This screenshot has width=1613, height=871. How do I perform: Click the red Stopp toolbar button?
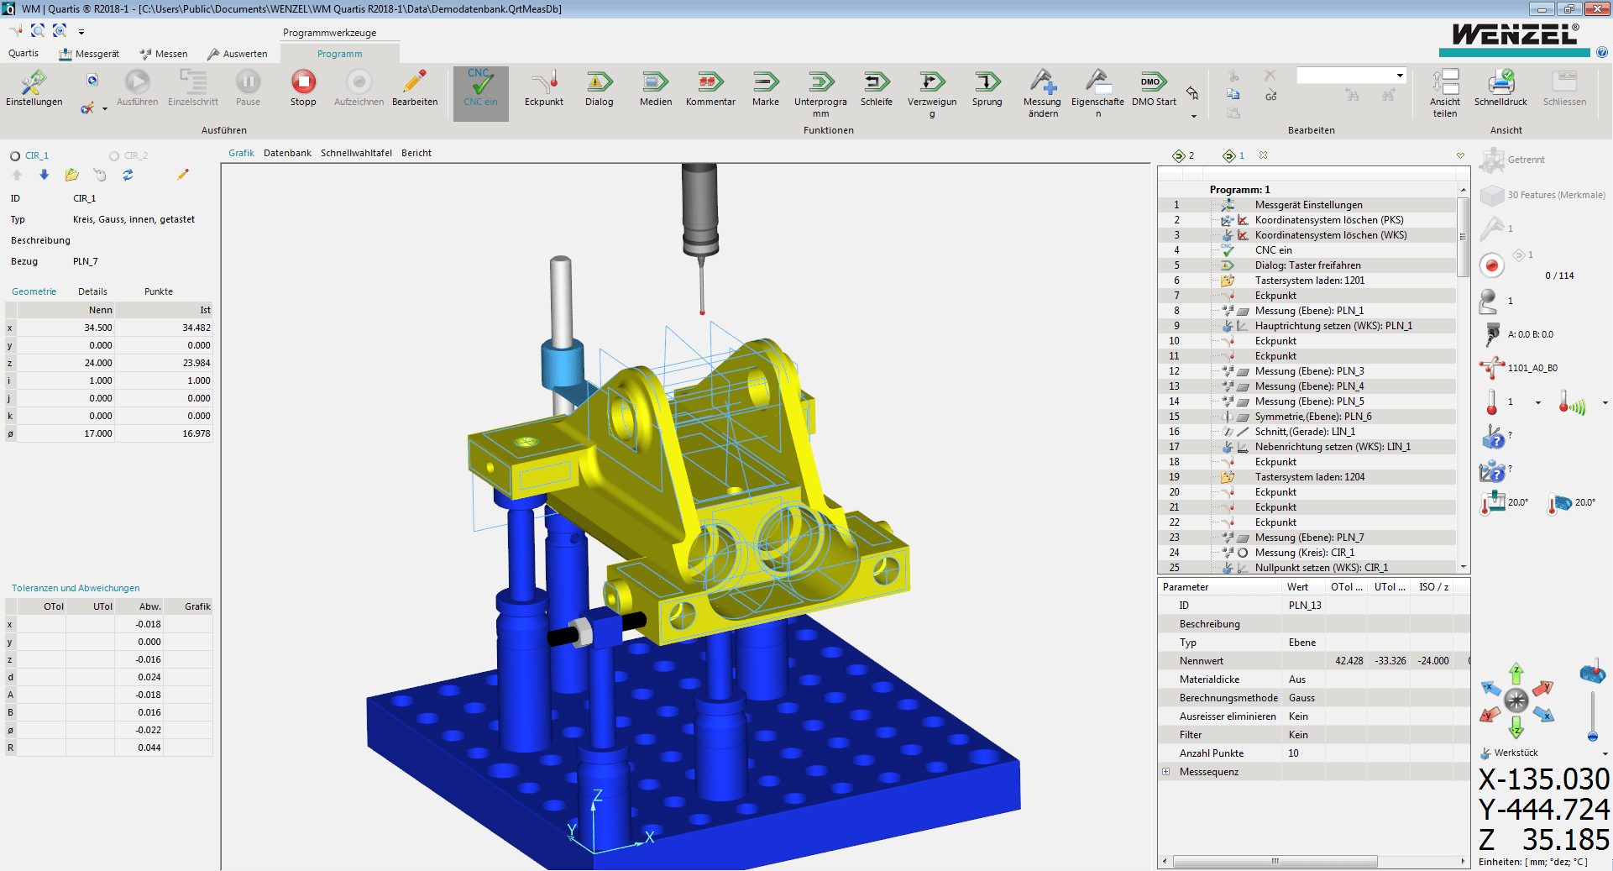pyautogui.click(x=303, y=87)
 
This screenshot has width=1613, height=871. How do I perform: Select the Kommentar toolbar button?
pyautogui.click(x=710, y=87)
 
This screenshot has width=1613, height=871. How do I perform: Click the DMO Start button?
pyautogui.click(x=1154, y=87)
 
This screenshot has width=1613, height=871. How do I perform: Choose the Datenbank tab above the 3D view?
pyautogui.click(x=287, y=153)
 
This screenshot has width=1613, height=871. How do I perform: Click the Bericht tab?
pyautogui.click(x=416, y=153)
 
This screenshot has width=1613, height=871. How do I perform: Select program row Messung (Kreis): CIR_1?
pyautogui.click(x=1305, y=553)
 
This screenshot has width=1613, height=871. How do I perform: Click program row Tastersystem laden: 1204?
pyautogui.click(x=1310, y=477)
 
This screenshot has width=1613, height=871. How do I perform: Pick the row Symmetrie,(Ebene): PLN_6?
pyautogui.click(x=1313, y=417)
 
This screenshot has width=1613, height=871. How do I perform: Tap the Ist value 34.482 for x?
pyautogui.click(x=196, y=328)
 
